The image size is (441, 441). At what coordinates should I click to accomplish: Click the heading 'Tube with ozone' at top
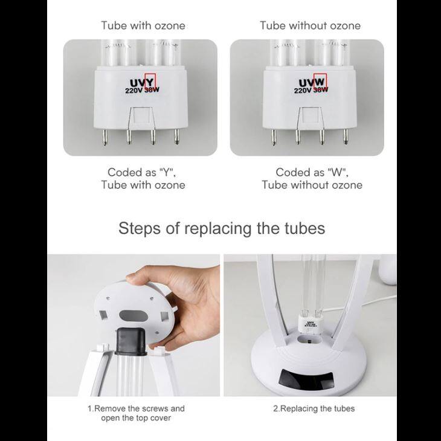143,25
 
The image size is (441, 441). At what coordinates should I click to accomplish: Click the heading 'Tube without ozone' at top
310,25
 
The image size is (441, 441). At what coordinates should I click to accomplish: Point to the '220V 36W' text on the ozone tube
144,91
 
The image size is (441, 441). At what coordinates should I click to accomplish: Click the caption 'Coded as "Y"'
143,172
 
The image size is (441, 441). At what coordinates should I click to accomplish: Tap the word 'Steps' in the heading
140,228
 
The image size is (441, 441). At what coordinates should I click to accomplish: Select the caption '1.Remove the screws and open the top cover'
137,413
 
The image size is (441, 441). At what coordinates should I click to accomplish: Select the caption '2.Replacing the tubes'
314,408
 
